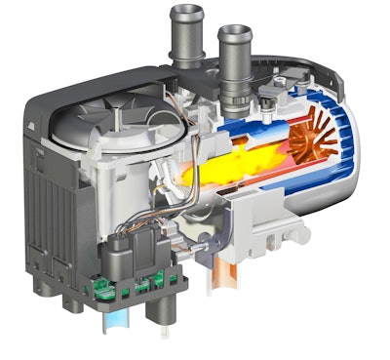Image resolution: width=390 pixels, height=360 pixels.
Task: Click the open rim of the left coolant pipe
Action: coord(185,13)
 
